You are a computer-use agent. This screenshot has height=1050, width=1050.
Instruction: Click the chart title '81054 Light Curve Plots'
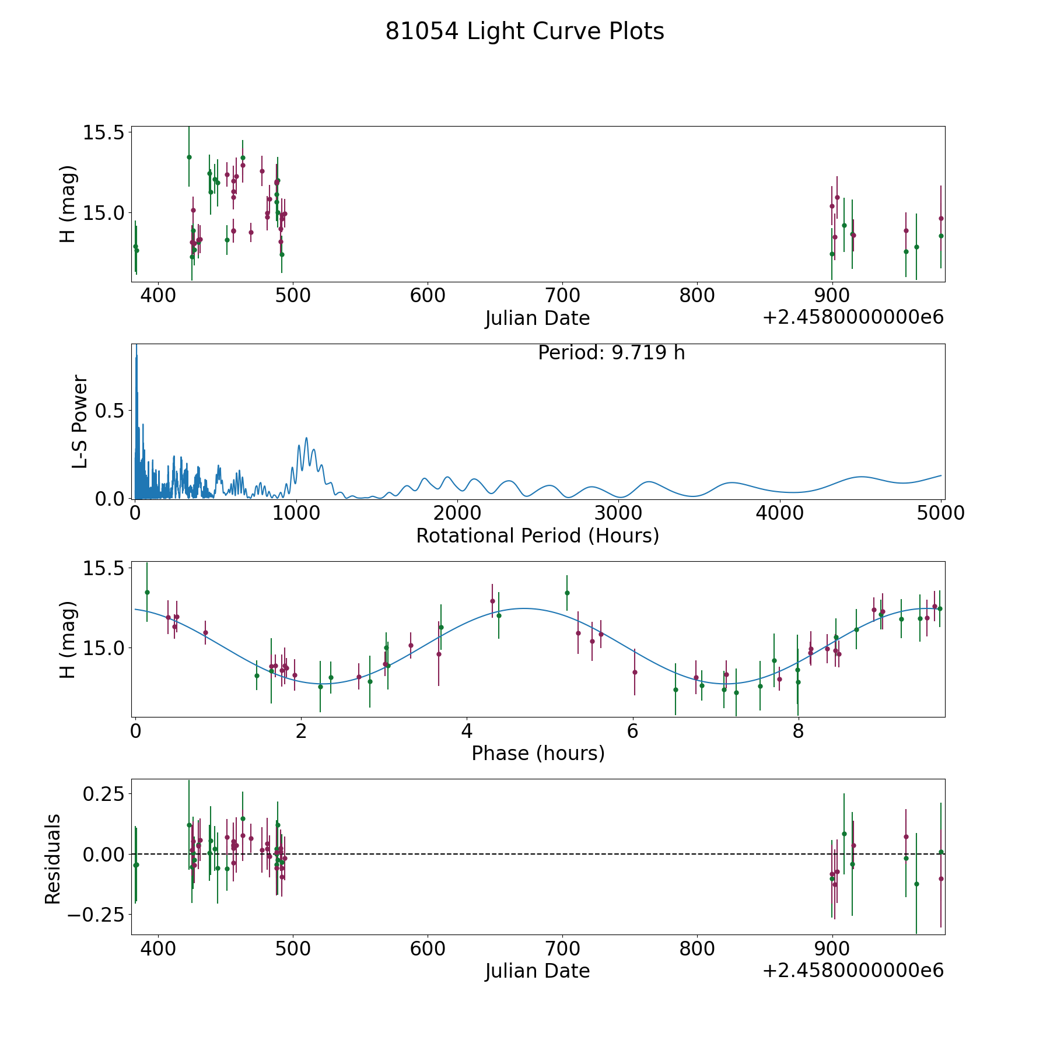(524, 32)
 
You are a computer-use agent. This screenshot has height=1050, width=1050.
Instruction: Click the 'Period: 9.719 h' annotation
(611, 353)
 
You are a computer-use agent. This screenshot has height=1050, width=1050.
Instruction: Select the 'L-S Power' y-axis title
(80, 422)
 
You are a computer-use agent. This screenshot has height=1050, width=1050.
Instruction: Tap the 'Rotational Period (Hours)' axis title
(537, 535)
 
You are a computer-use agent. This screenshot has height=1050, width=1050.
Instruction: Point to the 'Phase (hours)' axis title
(538, 753)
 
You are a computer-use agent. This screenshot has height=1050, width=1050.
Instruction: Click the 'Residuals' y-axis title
(53, 859)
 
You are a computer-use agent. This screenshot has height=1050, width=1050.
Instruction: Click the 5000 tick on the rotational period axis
(941, 513)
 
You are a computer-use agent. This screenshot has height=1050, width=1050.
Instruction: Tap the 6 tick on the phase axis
(632, 731)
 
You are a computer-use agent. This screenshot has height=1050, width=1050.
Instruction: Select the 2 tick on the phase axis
(301, 731)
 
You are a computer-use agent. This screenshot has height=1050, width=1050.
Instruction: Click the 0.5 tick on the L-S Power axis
(110, 411)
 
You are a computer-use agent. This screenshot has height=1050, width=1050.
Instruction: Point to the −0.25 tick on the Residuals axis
(96, 914)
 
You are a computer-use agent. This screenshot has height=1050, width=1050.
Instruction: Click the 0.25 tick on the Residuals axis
(104, 794)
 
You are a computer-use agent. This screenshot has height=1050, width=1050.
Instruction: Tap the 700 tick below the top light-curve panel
(562, 296)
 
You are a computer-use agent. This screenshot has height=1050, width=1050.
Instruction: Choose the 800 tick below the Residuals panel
(697, 949)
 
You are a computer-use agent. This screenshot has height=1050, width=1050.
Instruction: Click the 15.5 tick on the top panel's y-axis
(103, 132)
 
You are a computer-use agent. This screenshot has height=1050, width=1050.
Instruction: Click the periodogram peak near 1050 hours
(306, 438)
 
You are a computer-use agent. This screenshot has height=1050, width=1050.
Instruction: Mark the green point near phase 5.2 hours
(566, 593)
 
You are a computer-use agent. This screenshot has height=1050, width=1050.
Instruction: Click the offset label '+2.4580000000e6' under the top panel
(853, 318)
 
